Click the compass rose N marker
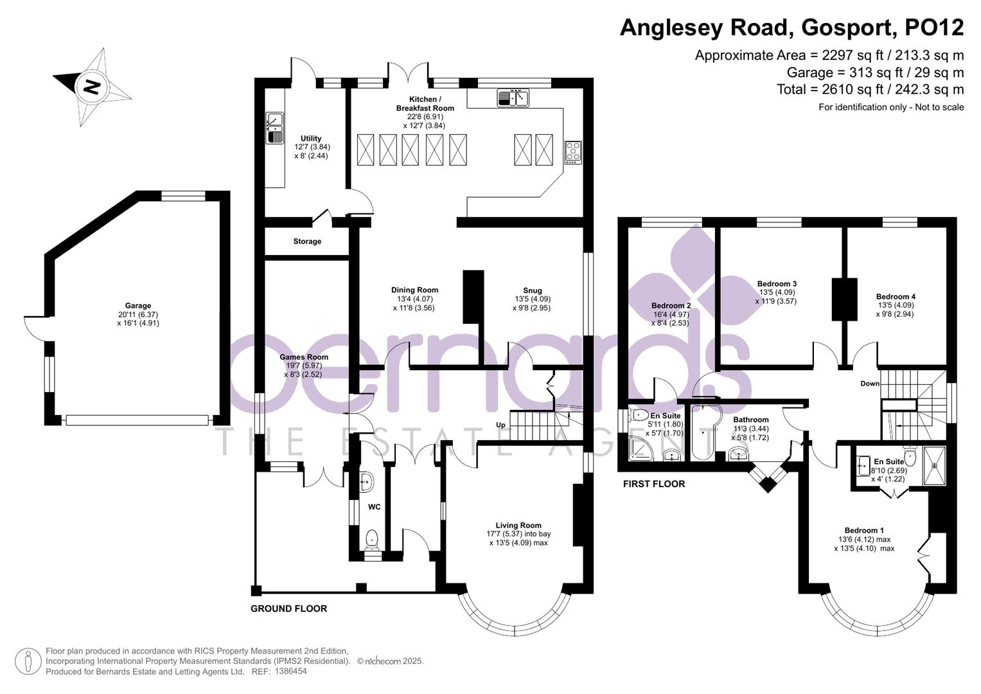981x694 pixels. pos(91,86)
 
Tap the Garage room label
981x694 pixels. pos(138,306)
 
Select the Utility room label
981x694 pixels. pos(311,138)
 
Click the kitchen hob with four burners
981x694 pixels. pos(573,152)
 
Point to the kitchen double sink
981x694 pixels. pos(512,98)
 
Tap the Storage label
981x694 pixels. pos(307,242)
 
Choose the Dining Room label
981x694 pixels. pos(414,290)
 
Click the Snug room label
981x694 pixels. pos(532,290)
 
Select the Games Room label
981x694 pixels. pos(303,357)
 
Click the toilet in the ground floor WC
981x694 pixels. pos(371,539)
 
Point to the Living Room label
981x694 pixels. pos(518,525)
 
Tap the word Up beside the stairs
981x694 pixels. pos(500,425)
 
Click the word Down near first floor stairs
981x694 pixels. pos(869,384)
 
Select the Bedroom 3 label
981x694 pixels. pos(777,283)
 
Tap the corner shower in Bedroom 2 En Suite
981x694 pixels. pos(639,449)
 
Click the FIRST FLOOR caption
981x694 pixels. pos(653,484)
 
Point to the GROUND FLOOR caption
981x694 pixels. pos(288,609)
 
